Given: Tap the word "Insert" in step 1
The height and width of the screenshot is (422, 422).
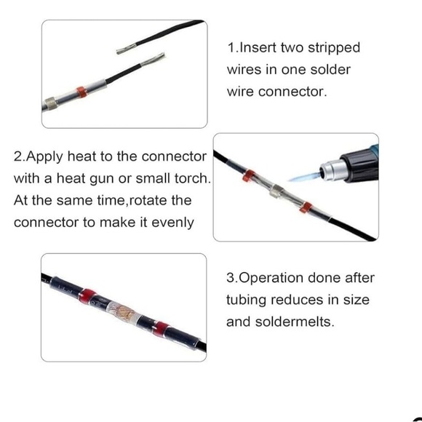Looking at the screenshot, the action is [x=258, y=47].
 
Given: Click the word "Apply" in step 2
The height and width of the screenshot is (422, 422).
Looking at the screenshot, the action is [x=44, y=157].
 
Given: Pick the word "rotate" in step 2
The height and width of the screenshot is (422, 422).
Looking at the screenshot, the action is [x=147, y=201].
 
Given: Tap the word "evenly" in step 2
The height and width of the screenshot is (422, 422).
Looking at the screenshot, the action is [x=172, y=223].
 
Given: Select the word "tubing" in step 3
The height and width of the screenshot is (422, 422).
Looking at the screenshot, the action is [x=246, y=300].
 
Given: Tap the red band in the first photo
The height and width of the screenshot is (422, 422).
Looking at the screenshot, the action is [x=81, y=92].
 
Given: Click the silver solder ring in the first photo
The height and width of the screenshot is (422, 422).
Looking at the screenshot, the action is [x=51, y=103].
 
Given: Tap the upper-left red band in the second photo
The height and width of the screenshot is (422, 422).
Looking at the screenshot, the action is [x=249, y=175].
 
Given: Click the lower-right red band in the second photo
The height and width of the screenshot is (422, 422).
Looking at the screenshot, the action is [x=306, y=207].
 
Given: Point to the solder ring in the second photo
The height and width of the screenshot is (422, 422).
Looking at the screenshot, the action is [x=276, y=191].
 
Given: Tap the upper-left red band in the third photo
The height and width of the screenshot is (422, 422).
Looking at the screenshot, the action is [x=87, y=295].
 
